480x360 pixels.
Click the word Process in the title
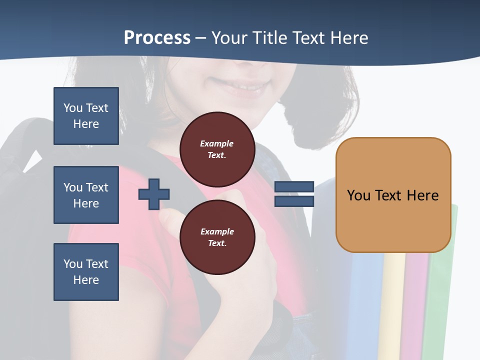(157, 38)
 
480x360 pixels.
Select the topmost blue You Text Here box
(86, 116)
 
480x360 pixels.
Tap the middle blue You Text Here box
(86, 195)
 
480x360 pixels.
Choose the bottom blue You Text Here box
(86, 272)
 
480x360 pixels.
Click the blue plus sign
(154, 194)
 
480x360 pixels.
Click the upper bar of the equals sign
(294, 186)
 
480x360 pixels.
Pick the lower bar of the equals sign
(294, 201)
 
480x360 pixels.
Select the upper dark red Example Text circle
(217, 149)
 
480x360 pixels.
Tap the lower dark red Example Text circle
(217, 237)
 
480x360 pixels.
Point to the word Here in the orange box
(422, 195)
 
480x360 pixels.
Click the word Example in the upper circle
(217, 143)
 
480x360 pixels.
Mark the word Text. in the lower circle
(217, 243)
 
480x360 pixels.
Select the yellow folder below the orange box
(393, 305)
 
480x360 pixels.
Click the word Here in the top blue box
(86, 124)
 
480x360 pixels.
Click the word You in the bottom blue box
(73, 264)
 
